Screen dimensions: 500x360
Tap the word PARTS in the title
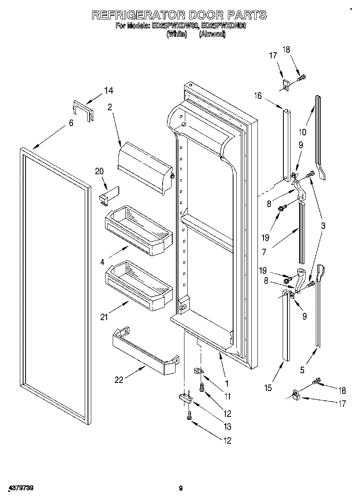click(246, 15)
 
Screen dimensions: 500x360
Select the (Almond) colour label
click(212, 34)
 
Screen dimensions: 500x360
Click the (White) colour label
click(177, 34)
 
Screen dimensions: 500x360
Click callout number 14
click(108, 90)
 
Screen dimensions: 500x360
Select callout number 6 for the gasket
click(71, 123)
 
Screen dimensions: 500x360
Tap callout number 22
click(119, 380)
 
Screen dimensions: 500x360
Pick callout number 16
click(258, 96)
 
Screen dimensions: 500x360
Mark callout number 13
click(227, 426)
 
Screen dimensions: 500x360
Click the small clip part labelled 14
click(83, 110)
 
